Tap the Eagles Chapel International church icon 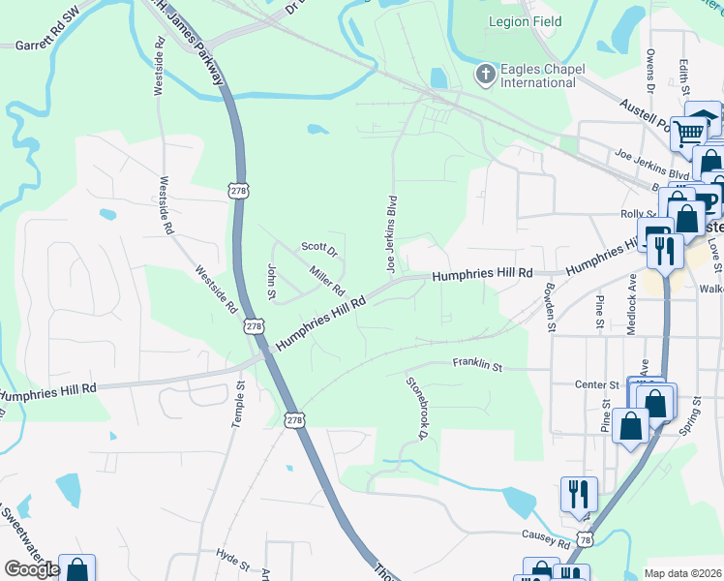(484, 75)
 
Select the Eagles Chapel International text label (537, 76)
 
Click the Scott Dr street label (319, 249)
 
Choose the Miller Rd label (326, 281)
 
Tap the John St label (272, 281)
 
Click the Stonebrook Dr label (417, 408)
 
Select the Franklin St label (478, 366)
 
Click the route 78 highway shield (585, 538)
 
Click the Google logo (32, 569)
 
